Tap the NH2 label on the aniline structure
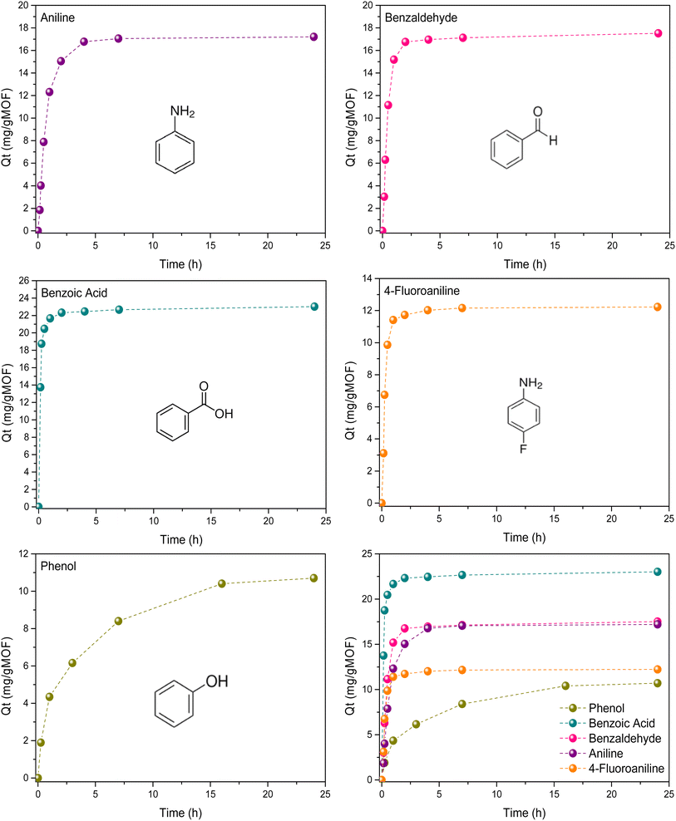click(x=182, y=111)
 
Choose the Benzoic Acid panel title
click(x=74, y=292)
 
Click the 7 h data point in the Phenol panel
click(x=118, y=621)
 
